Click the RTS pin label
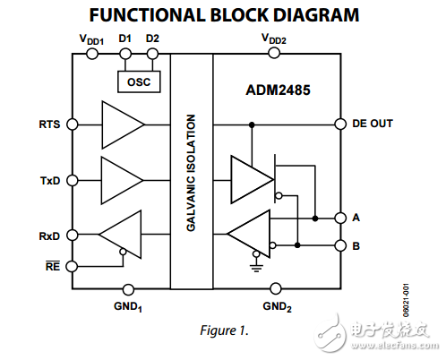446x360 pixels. [x=50, y=124]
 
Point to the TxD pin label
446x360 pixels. [x=50, y=179]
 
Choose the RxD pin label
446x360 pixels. [x=50, y=236]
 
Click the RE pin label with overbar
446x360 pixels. [x=51, y=267]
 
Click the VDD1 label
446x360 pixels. [x=91, y=39]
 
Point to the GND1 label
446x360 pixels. [x=127, y=304]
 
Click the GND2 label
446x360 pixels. [x=276, y=304]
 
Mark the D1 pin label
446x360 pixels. [x=125, y=39]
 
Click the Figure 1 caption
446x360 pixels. [x=221, y=330]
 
